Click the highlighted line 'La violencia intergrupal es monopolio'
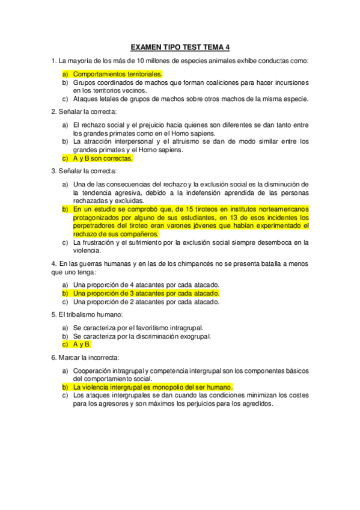tap(153, 387)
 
